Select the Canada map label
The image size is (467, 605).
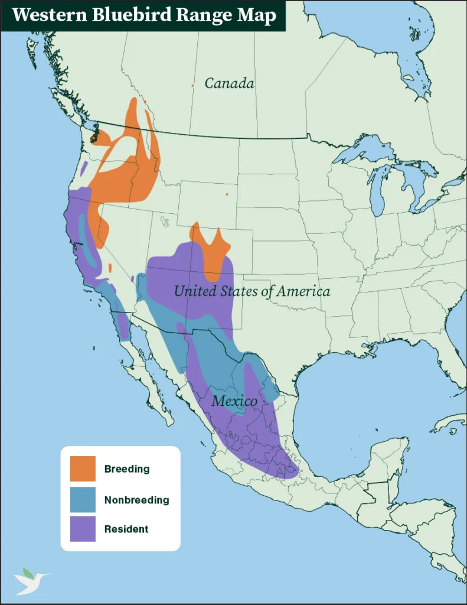tap(230, 83)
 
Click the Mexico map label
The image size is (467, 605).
tap(234, 401)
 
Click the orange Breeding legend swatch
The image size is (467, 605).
tap(83, 469)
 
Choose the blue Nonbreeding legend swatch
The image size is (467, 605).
tap(83, 500)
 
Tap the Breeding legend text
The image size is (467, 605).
tap(127, 469)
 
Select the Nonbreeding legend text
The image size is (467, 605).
tap(136, 500)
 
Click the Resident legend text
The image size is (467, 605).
tap(126, 529)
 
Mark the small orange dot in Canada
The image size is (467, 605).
tap(192, 86)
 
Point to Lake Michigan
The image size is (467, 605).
tap(378, 189)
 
